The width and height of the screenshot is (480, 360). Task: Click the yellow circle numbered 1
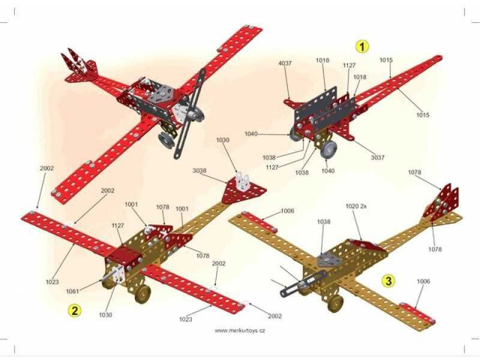(362, 46)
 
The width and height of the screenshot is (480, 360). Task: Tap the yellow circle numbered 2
(75, 310)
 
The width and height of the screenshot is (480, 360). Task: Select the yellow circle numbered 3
(389, 280)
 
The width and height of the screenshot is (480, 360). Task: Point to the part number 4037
(286, 64)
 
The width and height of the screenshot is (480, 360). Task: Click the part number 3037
(377, 157)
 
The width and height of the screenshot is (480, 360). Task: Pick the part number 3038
(200, 170)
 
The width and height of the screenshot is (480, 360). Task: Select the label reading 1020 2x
(356, 206)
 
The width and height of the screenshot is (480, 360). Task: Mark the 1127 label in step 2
(118, 226)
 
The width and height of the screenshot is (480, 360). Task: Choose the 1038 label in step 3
(323, 221)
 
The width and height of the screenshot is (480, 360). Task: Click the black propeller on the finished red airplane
(189, 114)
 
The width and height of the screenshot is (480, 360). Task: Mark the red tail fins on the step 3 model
(442, 201)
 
